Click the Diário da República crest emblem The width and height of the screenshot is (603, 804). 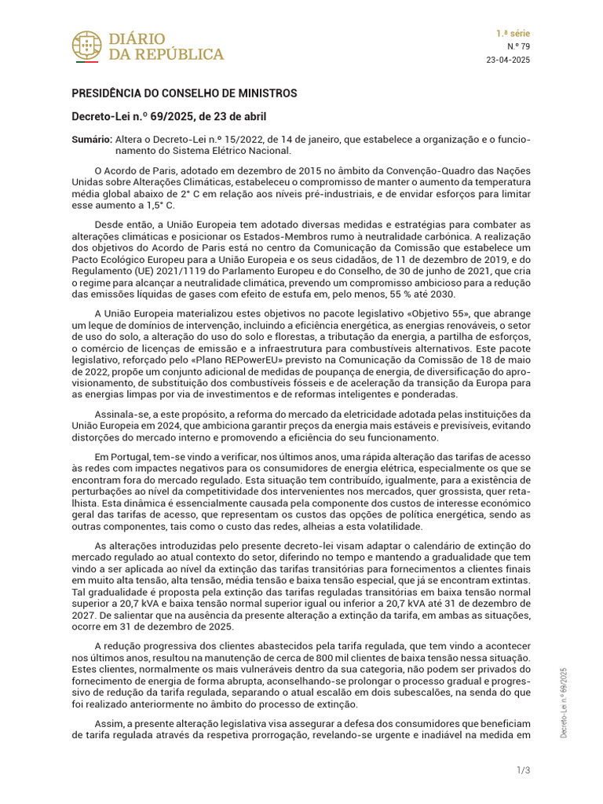(86, 46)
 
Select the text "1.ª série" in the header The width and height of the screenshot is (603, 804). (513, 34)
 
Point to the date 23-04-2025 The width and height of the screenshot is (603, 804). (509, 60)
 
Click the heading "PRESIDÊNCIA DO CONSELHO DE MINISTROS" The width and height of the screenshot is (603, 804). (185, 93)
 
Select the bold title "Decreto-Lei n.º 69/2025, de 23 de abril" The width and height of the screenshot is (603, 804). (169, 117)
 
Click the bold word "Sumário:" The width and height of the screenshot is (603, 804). (91, 139)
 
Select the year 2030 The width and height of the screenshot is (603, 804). (441, 294)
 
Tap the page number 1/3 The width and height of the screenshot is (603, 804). (524, 769)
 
